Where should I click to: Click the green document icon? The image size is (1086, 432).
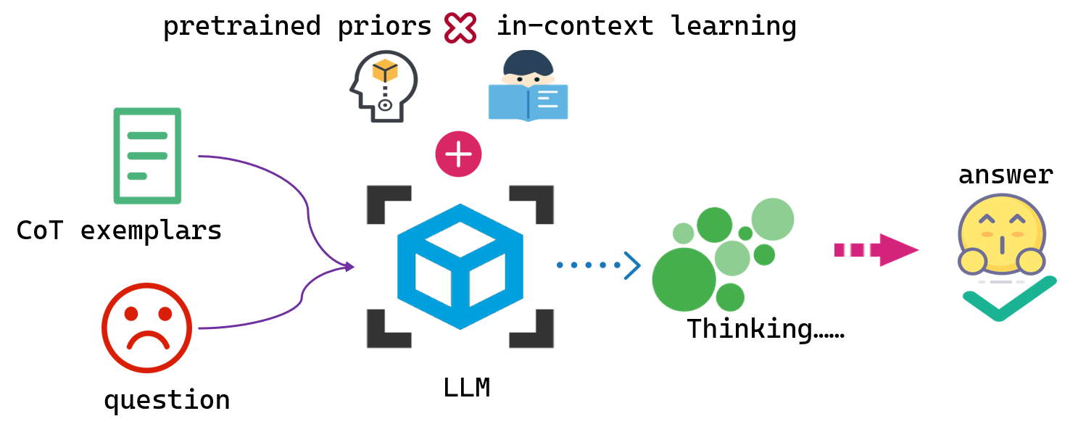[147, 156]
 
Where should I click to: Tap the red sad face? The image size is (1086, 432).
[147, 328]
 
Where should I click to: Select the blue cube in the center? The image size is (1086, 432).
[460, 266]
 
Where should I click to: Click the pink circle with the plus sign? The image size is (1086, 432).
[458, 154]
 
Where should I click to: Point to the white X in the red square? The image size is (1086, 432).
[460, 28]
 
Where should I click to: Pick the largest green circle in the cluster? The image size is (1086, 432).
[684, 280]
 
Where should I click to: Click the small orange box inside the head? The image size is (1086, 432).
[385, 71]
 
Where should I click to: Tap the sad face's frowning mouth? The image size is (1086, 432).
[147, 340]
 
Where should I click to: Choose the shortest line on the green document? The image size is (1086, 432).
[137, 176]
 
